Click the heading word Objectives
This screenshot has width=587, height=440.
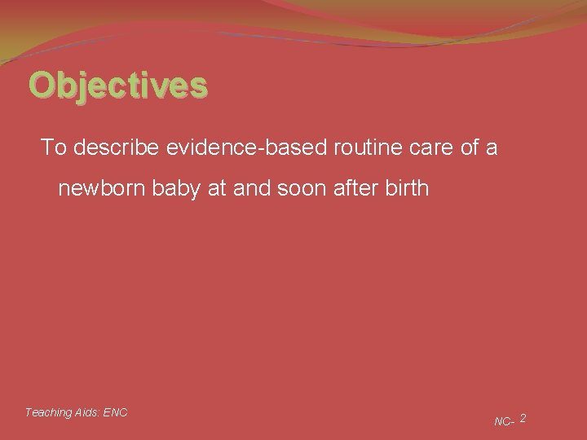(118, 85)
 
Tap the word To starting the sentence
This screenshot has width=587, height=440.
(53, 147)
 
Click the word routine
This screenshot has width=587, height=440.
(348, 147)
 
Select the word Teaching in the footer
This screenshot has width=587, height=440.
(48, 412)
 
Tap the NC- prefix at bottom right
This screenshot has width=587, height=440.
(504, 421)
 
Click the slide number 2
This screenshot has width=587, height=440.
(523, 418)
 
